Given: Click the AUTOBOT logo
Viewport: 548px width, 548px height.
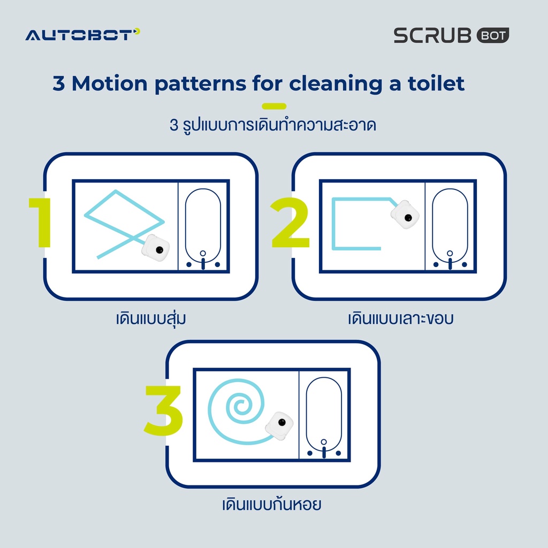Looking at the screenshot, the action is [x=82, y=35].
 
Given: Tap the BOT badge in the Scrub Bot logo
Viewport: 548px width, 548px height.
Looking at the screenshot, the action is [x=493, y=35].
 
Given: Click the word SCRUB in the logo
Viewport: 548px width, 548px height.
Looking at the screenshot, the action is [x=432, y=35].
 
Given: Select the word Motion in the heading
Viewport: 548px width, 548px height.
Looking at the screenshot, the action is [x=109, y=83].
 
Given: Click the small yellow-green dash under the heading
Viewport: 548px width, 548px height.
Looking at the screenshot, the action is [x=274, y=106].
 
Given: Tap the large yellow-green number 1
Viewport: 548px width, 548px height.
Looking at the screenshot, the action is [x=41, y=222].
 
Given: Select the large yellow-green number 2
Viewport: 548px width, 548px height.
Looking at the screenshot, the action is [x=290, y=222].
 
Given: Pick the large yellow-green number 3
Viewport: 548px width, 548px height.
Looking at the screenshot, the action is [x=164, y=410].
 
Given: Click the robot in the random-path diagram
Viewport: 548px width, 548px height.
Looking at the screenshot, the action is [x=156, y=248].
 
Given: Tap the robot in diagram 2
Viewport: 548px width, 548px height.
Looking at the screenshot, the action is [x=405, y=215].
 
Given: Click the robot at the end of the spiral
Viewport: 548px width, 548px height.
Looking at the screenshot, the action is [x=279, y=425].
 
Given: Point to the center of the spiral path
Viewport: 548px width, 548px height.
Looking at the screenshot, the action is [x=239, y=407].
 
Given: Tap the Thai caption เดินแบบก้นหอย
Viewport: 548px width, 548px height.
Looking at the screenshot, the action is [x=271, y=504].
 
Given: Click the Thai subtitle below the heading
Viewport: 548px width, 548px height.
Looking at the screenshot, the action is [x=272, y=125].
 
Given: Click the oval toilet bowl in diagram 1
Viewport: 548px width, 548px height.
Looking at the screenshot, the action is [x=203, y=225].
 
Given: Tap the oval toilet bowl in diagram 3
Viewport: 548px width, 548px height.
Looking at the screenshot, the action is [x=324, y=414].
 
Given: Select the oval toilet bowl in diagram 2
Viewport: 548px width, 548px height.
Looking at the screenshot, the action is [x=450, y=225].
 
